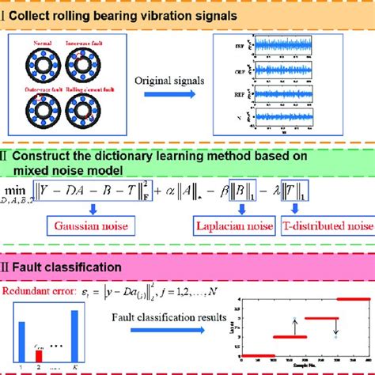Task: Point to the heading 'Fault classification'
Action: coord(66,268)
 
